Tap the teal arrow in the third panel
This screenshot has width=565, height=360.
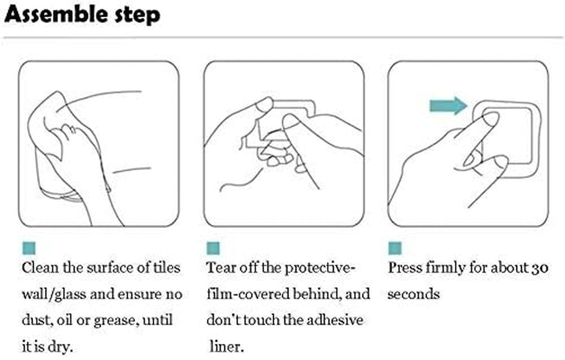[448, 106]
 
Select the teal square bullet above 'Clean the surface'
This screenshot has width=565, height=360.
[29, 248]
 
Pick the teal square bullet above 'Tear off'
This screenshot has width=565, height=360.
[213, 248]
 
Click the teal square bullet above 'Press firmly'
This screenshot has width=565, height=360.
[395, 248]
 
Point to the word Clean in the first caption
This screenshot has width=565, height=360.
[41, 267]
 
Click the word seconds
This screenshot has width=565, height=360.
[414, 294]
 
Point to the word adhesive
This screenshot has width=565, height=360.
[335, 320]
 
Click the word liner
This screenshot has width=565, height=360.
[226, 346]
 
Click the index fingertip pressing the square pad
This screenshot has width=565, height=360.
[491, 119]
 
